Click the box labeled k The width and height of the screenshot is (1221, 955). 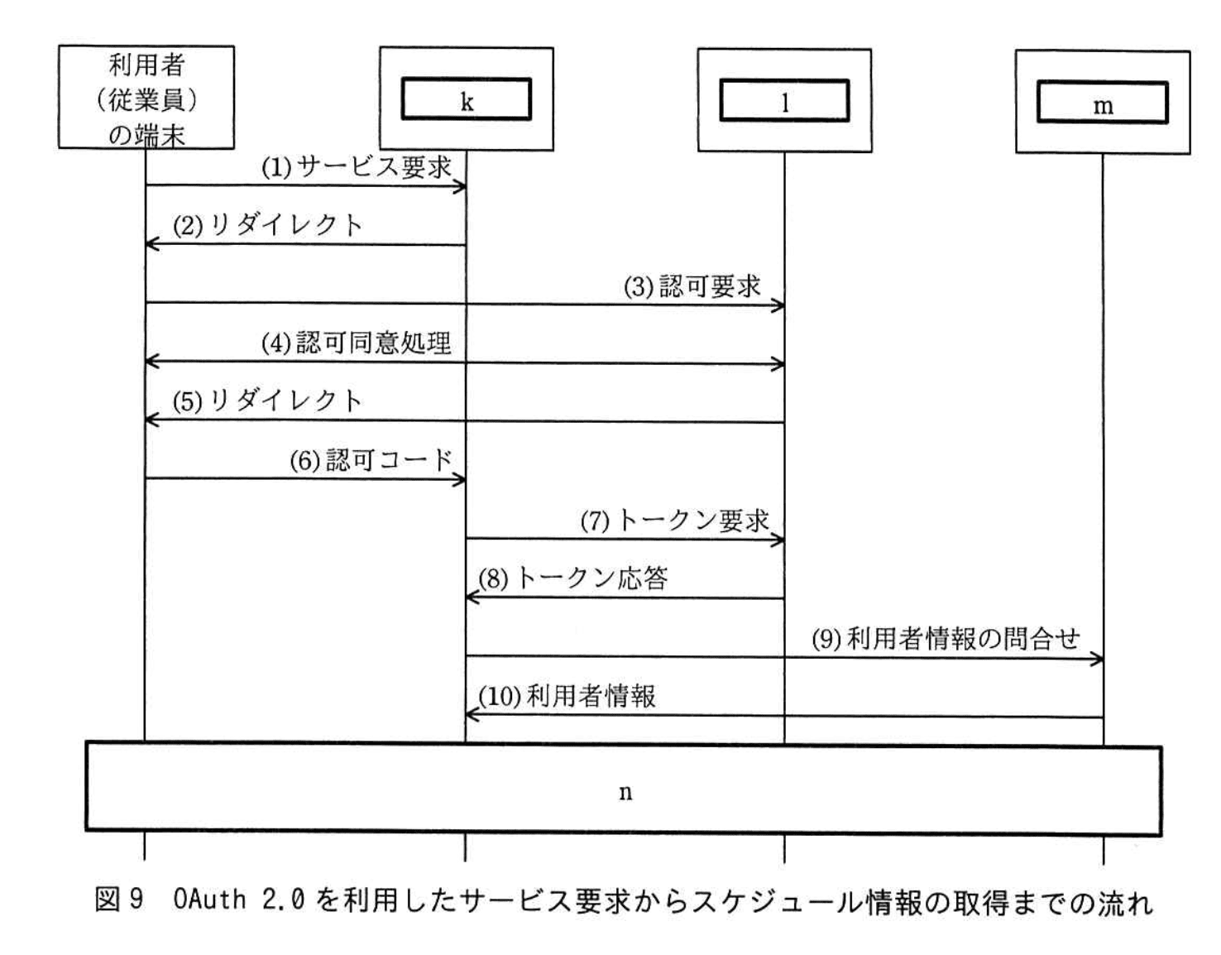click(466, 100)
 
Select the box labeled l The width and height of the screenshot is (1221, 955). click(784, 101)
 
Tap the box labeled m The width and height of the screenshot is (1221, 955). click(1103, 103)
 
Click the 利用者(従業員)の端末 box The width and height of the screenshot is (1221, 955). click(146, 98)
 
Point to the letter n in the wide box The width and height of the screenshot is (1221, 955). click(625, 792)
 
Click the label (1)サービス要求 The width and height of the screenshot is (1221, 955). click(357, 168)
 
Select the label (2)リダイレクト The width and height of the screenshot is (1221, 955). click(267, 225)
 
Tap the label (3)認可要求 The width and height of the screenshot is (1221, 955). click(692, 286)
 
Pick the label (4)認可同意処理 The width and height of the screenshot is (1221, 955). click(357, 343)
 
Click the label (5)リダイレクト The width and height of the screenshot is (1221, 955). click(267, 401)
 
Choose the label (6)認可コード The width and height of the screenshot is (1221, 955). click(371, 460)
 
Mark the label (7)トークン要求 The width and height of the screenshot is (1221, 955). click(674, 521)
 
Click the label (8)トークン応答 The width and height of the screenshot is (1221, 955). click(572, 578)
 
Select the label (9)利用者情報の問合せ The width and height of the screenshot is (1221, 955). click(945, 639)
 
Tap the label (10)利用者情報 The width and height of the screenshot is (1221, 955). click(567, 696)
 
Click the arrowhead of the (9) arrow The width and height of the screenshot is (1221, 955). click(1098, 659)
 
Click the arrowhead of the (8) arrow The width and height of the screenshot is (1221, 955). click(472, 597)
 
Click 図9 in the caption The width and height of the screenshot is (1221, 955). click(119, 900)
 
